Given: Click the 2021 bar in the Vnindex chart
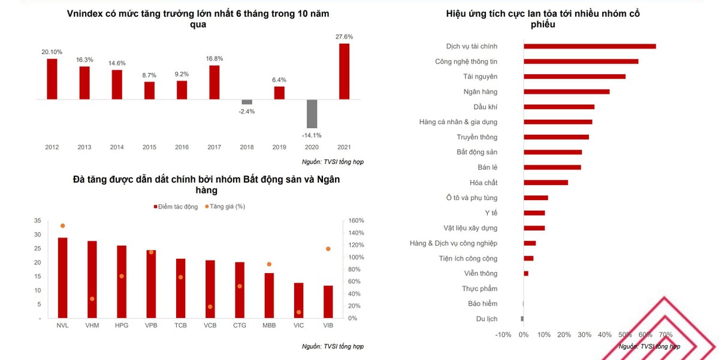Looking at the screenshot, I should (344, 71).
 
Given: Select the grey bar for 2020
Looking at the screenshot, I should (312, 114).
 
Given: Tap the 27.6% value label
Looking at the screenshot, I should (344, 37).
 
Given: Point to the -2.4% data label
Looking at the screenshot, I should (246, 111).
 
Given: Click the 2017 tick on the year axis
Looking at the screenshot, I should (214, 147).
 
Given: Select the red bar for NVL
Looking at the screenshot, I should (62, 277).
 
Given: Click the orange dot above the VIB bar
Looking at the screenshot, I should (328, 249).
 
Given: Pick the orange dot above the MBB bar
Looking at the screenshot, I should (269, 264).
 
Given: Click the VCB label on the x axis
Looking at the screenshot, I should (210, 325).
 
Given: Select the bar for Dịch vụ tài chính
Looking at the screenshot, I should (590, 46).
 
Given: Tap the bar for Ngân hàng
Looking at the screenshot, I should (566, 92).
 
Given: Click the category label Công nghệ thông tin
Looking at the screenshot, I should (466, 62).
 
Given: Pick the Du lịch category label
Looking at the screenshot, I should (487, 319).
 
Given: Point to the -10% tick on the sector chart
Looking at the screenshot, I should (503, 335).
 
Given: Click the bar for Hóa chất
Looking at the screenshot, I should (546, 183).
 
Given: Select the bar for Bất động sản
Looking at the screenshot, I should (552, 152).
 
